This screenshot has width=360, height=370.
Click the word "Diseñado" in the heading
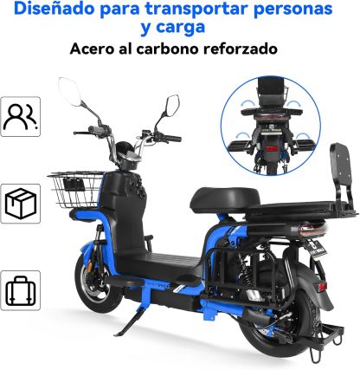tap(54, 9)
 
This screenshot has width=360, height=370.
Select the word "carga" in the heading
tap(181, 28)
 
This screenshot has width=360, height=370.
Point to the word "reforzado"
tap(241, 49)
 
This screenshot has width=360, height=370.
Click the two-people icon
tap(20, 116)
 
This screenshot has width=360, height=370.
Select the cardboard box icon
tap(21, 203)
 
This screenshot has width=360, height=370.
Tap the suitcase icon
tap(21, 290)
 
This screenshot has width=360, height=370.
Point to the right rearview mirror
tap(173, 107)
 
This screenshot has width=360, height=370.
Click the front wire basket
tap(75, 189)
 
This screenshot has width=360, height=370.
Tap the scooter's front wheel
tap(97, 283)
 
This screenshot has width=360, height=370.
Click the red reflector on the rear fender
tap(321, 287)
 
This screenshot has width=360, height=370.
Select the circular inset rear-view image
tap(271, 126)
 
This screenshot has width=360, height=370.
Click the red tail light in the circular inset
tap(272, 149)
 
